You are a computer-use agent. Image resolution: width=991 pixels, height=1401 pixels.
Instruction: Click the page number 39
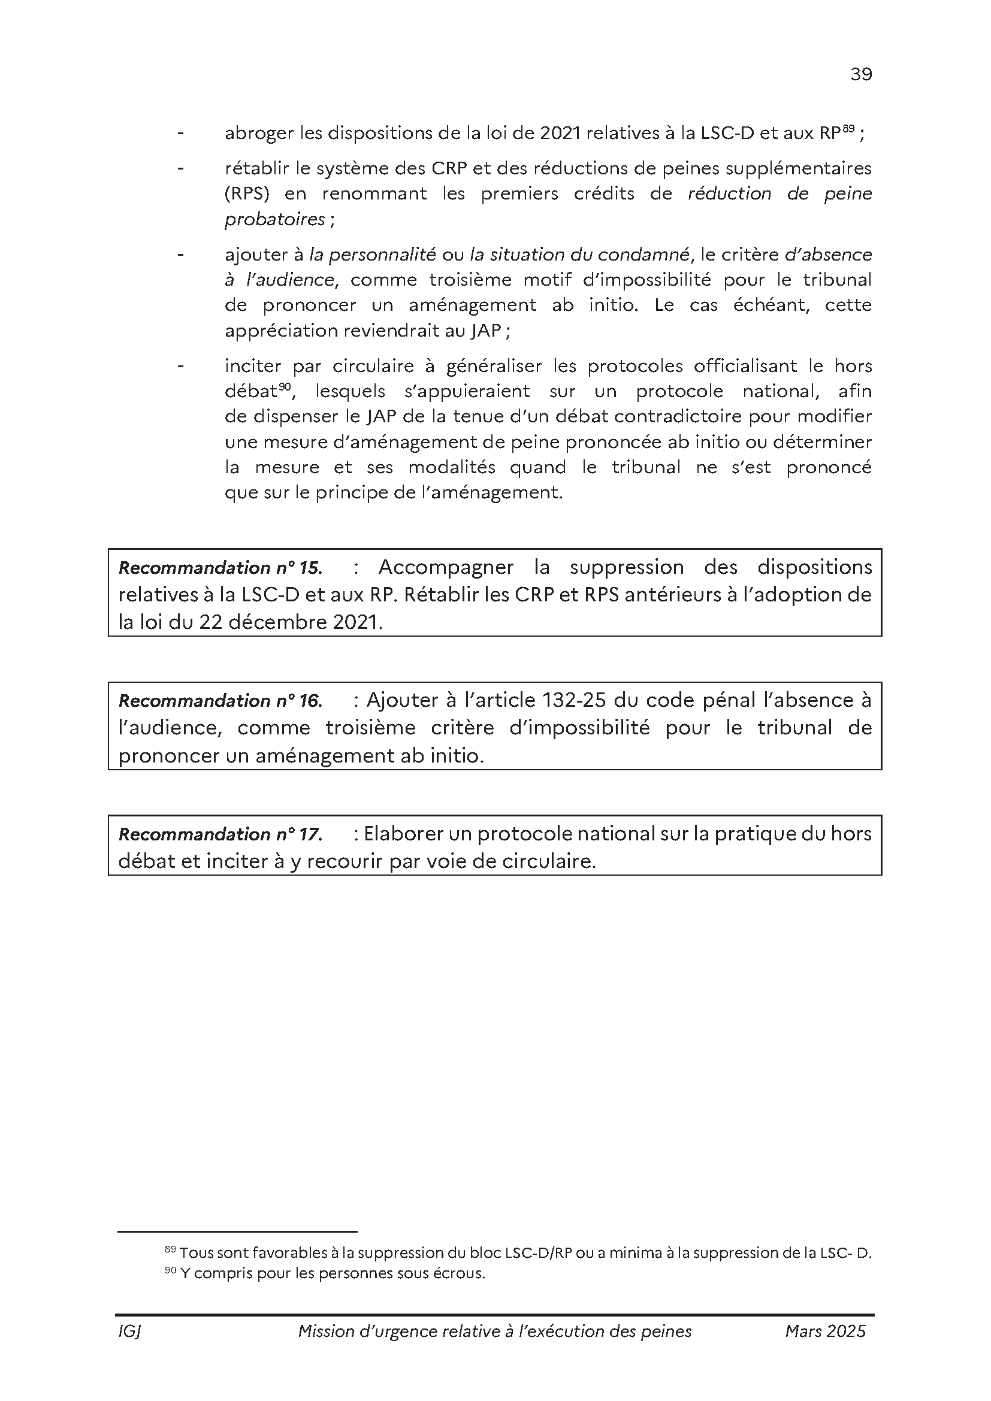coord(861,74)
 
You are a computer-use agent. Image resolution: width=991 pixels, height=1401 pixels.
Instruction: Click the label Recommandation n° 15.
coord(220,568)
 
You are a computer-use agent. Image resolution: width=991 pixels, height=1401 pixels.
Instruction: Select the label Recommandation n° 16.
coord(220,701)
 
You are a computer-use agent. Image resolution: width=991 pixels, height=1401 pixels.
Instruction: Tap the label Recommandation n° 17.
coord(220,834)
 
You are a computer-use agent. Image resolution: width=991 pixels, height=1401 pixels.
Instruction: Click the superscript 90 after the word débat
coord(284,386)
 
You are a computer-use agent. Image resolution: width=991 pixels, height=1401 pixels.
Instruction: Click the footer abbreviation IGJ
coord(129,1332)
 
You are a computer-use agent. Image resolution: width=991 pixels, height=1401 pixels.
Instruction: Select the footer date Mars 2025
coord(825,1332)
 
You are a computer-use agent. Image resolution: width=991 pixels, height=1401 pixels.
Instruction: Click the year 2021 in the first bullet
coord(560,133)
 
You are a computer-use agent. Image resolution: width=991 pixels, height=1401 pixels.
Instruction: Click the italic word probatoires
coord(274,220)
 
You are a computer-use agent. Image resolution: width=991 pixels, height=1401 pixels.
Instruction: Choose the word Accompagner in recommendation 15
coord(445,567)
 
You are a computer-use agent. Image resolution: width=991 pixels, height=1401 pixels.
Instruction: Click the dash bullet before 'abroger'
coord(180,133)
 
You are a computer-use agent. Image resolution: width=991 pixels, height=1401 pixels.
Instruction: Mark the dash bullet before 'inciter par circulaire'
coord(180,366)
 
